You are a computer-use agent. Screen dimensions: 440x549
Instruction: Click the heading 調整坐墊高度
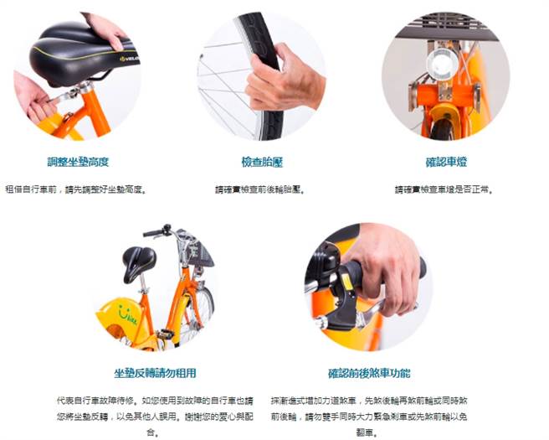[x=78, y=162]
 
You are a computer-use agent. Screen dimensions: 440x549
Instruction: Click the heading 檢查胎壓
[x=262, y=162]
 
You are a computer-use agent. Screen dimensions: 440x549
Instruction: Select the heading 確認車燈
[x=444, y=162]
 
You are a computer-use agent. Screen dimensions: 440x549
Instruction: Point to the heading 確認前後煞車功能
[x=369, y=373]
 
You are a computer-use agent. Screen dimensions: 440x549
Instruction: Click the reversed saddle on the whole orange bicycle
[x=139, y=261]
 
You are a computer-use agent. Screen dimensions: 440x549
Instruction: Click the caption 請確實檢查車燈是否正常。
[x=444, y=190]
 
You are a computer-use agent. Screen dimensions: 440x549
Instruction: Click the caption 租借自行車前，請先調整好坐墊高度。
[x=76, y=190]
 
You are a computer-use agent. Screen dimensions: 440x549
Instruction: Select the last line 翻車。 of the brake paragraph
[x=368, y=432]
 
